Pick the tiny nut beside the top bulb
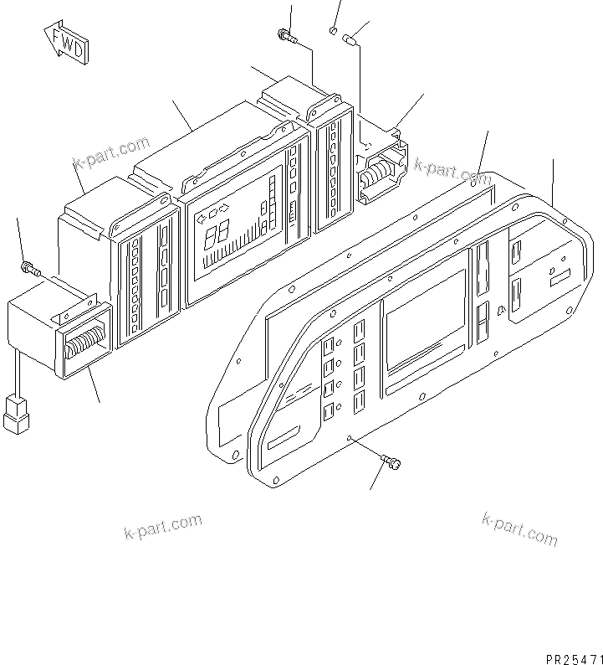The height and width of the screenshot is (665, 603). (x=333, y=32)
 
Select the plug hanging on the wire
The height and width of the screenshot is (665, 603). (x=15, y=414)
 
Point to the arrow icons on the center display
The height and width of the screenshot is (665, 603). (x=211, y=212)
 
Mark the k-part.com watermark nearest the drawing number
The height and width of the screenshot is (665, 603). (x=519, y=528)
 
